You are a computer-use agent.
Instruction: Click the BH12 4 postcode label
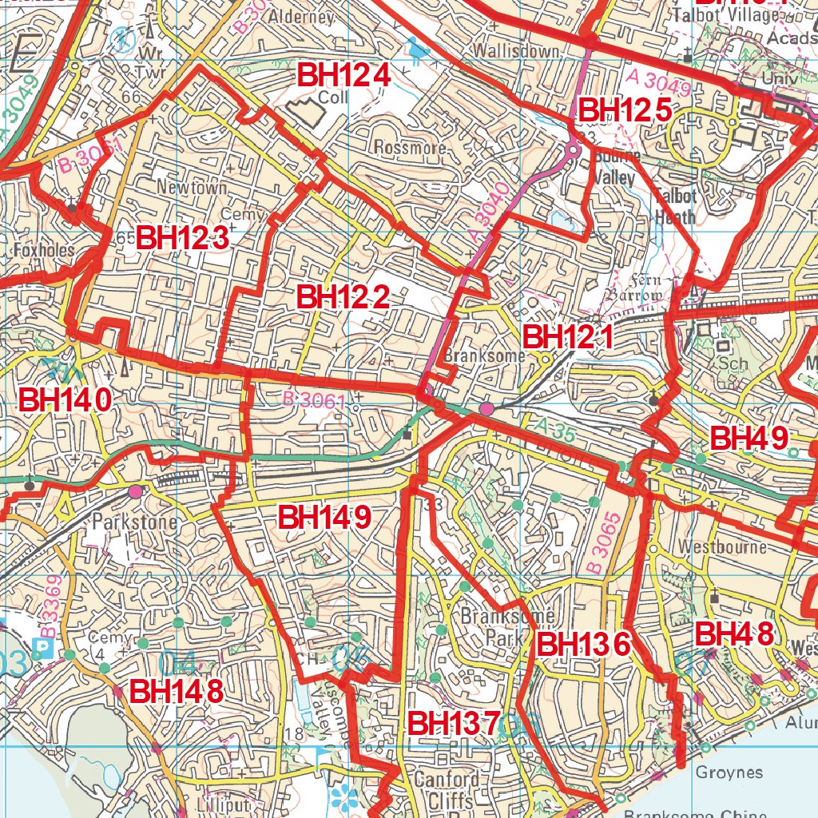pos(344,76)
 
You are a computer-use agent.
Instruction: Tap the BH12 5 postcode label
pos(625,110)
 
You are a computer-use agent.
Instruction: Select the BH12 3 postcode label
pos(183,238)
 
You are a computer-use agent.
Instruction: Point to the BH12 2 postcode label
pos(343,297)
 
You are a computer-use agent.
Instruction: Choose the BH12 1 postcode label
pos(568,337)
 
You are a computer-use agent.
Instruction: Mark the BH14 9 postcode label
pos(324,517)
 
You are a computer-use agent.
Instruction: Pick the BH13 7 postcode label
pos(454,723)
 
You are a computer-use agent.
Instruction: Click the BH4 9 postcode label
pos(749,438)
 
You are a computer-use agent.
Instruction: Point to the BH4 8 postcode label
pos(734,634)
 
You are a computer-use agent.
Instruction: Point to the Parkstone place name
pos(132,521)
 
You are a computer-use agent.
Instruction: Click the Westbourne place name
pos(721,548)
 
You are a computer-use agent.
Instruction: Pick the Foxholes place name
pos(44,250)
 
